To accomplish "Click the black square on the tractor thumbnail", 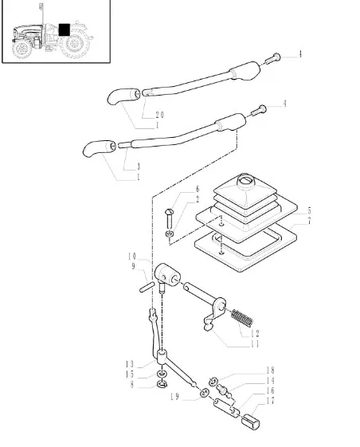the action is coord(65,29).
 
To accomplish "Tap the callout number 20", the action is coord(159,115).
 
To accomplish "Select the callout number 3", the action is coord(139,167).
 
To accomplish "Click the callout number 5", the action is coord(309,211).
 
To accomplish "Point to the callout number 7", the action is coord(309,221).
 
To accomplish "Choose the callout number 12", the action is coord(255,333).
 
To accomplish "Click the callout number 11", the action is coord(255,344).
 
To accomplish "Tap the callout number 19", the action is coord(174,397).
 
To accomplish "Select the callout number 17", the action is coord(270,401).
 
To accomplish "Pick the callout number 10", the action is coord(132,257).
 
